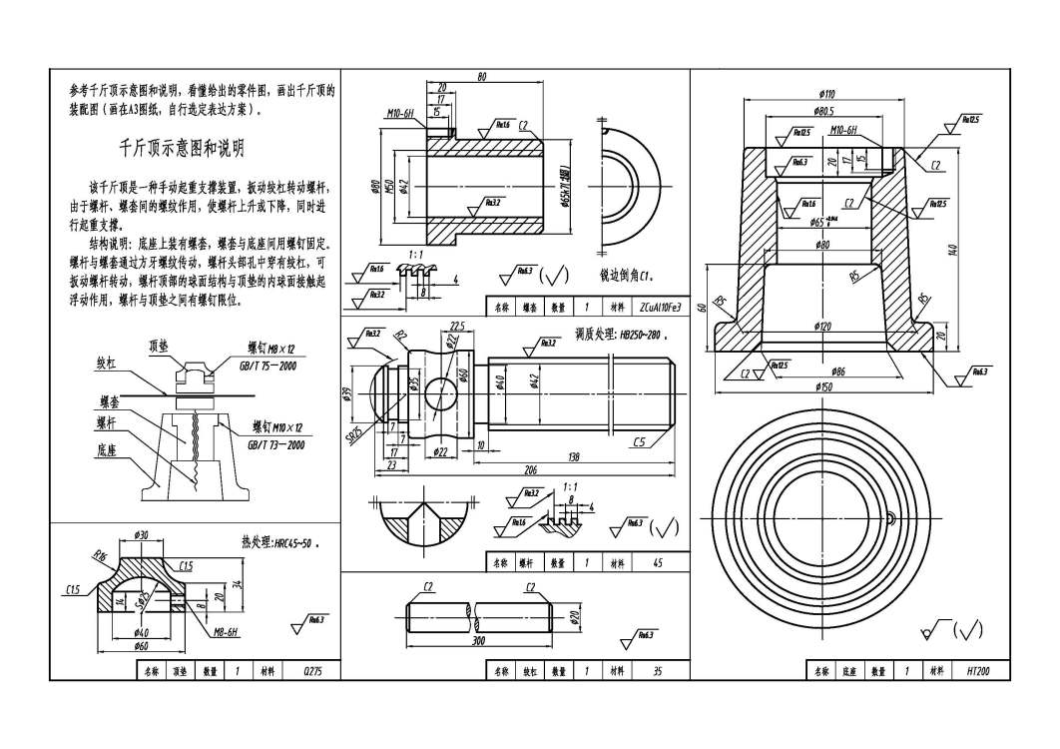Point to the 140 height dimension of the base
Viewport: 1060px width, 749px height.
coord(953,249)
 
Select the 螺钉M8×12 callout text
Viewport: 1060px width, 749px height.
coord(271,349)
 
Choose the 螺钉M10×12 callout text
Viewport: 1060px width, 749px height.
coord(277,427)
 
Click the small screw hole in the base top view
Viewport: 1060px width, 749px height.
coord(887,516)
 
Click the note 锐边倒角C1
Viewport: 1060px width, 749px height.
coord(625,274)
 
